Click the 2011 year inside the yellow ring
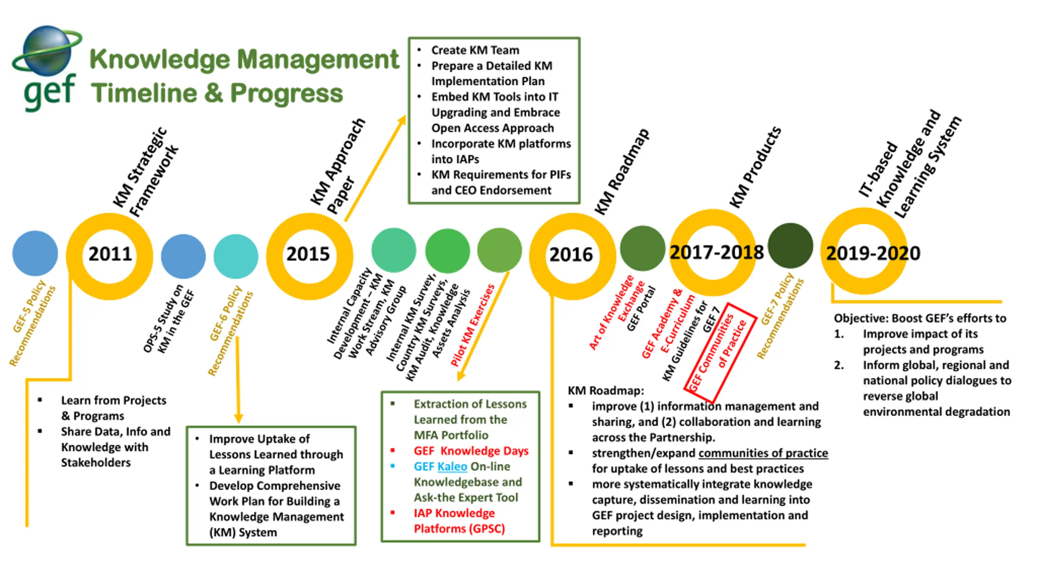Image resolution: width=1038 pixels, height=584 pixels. [110, 254]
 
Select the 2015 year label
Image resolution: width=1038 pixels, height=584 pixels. [308, 254]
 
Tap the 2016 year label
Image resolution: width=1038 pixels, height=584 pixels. [571, 255]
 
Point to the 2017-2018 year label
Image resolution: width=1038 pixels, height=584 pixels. [716, 252]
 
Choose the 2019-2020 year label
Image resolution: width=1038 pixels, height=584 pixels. [873, 253]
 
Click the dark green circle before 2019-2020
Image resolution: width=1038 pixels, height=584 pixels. [790, 245]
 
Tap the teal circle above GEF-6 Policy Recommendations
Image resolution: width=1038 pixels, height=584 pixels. [236, 256]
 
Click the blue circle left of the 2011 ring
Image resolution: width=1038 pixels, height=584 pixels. [35, 253]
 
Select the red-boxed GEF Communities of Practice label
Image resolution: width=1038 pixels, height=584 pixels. [720, 352]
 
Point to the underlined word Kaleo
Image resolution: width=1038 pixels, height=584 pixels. [452, 466]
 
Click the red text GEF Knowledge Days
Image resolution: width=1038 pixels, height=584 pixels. [471, 451]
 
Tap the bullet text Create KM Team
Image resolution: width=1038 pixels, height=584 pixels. [475, 50]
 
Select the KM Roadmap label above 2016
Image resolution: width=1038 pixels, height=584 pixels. [622, 172]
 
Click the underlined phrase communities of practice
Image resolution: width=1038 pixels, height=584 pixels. [763, 453]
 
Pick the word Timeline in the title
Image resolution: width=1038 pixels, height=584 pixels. [144, 93]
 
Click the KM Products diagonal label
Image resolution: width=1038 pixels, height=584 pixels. [755, 167]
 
